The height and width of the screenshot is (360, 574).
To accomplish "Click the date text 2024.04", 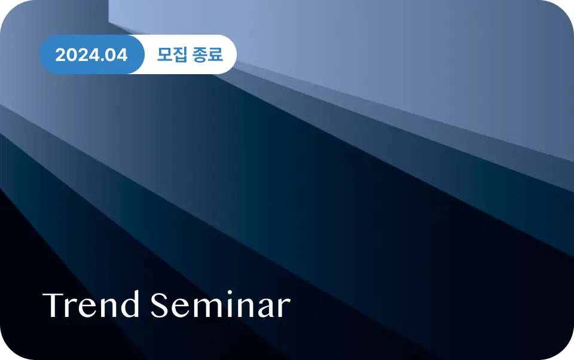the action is (x=91, y=55).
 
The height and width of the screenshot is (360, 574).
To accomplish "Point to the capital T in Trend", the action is (x=54, y=305).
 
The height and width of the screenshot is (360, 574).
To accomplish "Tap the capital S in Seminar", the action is (x=160, y=305).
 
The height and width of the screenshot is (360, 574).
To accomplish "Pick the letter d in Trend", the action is (x=130, y=304).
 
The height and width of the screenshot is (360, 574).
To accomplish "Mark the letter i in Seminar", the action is (x=230, y=304).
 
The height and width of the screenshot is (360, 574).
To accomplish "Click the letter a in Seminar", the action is (x=265, y=308).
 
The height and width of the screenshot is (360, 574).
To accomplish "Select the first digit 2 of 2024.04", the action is (x=60, y=55).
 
